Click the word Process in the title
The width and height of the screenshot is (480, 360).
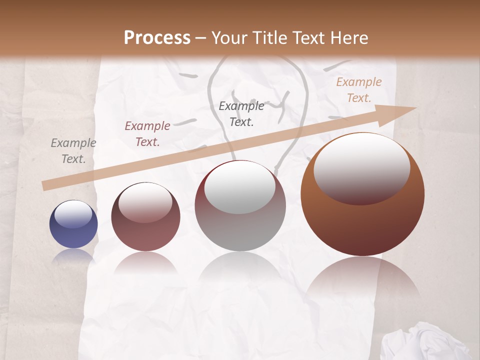coord(157,38)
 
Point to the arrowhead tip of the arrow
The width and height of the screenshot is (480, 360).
coord(415,108)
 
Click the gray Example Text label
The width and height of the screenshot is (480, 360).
coord(73,151)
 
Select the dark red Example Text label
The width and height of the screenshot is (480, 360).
coord(147,134)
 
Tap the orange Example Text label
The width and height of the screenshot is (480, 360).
coord(358,90)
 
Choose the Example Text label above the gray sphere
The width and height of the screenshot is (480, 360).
coord(241,113)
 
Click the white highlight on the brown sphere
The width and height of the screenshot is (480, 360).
coord(361,167)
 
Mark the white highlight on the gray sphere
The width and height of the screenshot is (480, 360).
coord(240,188)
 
